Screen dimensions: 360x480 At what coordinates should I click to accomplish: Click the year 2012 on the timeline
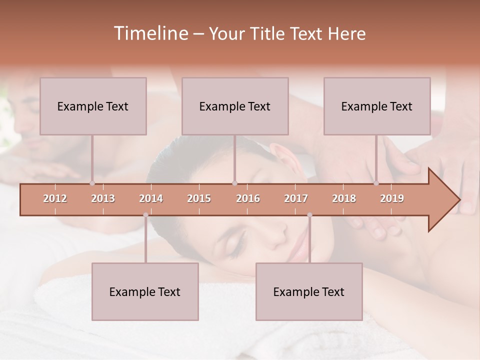click(x=55, y=198)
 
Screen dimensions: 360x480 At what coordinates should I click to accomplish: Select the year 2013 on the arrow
click(x=103, y=198)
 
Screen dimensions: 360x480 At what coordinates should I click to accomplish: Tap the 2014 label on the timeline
click(x=151, y=198)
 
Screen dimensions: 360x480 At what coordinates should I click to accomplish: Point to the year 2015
click(x=199, y=198)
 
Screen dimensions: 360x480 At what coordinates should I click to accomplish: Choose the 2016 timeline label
click(x=248, y=198)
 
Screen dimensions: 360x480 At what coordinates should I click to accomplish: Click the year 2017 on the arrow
click(x=296, y=198)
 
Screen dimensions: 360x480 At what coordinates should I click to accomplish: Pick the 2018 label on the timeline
click(x=344, y=198)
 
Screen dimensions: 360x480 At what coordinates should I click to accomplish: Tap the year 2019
click(x=392, y=198)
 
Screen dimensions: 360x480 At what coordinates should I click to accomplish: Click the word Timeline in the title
click(x=150, y=33)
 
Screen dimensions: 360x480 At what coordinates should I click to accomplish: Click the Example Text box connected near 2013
click(x=93, y=106)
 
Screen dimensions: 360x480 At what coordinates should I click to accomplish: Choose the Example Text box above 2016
click(x=235, y=106)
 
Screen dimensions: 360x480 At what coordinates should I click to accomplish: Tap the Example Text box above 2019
click(x=377, y=106)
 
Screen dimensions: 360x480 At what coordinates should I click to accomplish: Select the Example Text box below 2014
click(x=145, y=291)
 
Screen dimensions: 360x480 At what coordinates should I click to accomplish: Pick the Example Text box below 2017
click(x=309, y=291)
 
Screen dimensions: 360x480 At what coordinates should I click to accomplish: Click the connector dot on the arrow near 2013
click(x=92, y=183)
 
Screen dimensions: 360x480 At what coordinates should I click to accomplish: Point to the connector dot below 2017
click(x=309, y=215)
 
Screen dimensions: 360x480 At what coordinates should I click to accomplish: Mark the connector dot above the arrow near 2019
click(x=376, y=183)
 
